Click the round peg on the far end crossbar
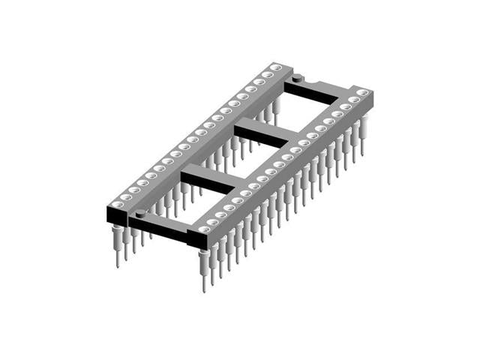pos(298,77)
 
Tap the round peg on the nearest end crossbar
pos(139,214)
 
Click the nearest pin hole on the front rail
pos(204,229)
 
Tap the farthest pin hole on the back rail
pos(277,67)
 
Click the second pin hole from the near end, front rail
pos(213,221)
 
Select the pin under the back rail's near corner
pos(118,247)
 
